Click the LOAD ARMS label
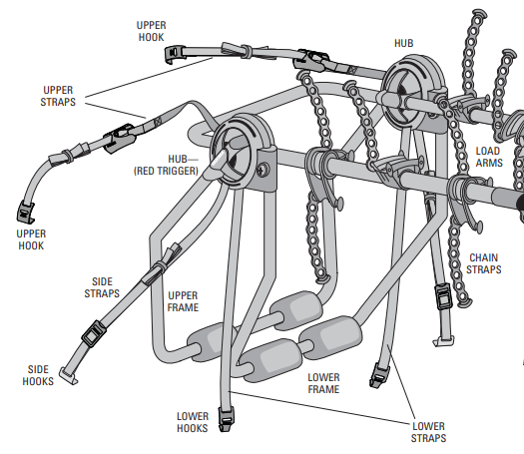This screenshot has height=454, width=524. [x=488, y=157]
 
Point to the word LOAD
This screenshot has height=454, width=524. [x=488, y=151]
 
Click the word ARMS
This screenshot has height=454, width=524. [x=488, y=163]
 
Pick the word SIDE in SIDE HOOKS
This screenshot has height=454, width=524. [x=36, y=368]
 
